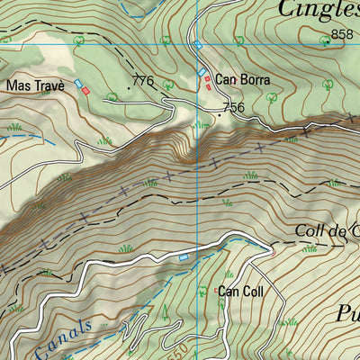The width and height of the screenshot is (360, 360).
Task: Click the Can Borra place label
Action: pyautogui.click(x=242, y=79)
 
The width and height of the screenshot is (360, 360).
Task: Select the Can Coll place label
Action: pyautogui.click(x=240, y=291)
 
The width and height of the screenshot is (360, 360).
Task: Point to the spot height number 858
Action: pyautogui.click(x=341, y=34)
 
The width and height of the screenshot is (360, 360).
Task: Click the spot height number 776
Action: pyautogui.click(x=143, y=82)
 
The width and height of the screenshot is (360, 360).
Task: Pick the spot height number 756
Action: pyautogui.click(x=233, y=107)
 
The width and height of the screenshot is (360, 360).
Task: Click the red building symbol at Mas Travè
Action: pyautogui.click(x=85, y=91)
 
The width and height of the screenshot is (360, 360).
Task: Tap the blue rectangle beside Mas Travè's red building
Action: pyautogui.click(x=78, y=85)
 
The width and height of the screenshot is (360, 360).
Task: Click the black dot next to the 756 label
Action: pyautogui.click(x=217, y=114)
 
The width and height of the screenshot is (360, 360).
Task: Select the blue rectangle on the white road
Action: pyautogui.click(x=184, y=257)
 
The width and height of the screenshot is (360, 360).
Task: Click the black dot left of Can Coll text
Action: pyautogui.click(x=216, y=291)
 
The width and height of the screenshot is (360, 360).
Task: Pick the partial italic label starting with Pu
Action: pyautogui.click(x=347, y=314)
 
